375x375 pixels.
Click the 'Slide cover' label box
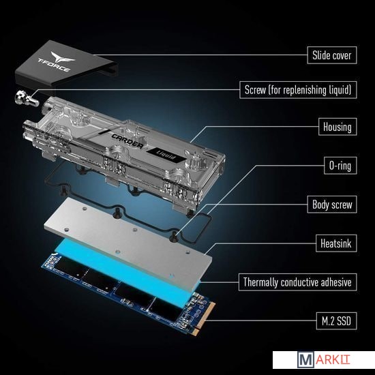[x=332, y=55]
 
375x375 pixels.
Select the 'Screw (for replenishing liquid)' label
[x=298, y=90]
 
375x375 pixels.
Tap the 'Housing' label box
[x=337, y=127]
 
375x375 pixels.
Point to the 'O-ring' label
[x=340, y=166]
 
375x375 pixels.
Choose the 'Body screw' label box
[x=332, y=205]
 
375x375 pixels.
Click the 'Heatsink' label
[x=336, y=243]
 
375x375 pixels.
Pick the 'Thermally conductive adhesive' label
[x=297, y=282]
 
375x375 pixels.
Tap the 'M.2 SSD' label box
[x=336, y=321]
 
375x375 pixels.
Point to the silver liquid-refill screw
[x=27, y=99]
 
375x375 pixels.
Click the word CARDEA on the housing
[x=127, y=141]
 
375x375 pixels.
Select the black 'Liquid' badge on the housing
[x=166, y=155]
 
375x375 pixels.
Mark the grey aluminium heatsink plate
[x=128, y=241]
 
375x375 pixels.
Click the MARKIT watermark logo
[x=324, y=360]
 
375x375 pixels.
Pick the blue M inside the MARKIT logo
[x=305, y=360]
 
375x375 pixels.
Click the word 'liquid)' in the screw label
[x=340, y=90]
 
